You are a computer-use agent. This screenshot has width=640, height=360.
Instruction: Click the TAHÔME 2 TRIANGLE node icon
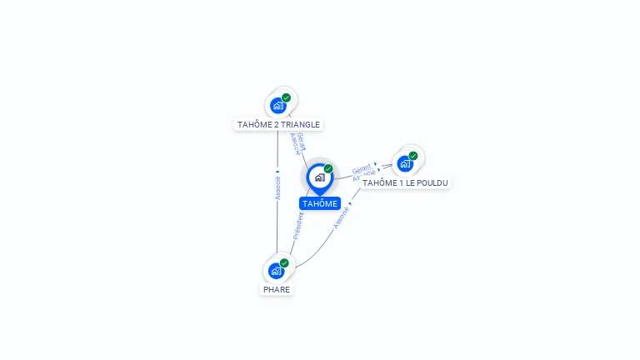tap(278, 106)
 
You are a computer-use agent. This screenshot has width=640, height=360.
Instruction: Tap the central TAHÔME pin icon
tap(319, 177)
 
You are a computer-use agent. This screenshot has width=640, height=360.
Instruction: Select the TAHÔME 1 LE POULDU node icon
tap(406, 163)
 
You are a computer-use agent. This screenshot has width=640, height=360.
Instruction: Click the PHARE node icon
tap(277, 271)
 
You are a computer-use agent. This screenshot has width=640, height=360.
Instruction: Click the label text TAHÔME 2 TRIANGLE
tap(278, 125)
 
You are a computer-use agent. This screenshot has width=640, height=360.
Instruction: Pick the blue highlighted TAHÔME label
tap(320, 203)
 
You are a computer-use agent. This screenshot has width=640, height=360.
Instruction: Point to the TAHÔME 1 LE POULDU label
tap(406, 182)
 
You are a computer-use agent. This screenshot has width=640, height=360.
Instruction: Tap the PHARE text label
tap(277, 290)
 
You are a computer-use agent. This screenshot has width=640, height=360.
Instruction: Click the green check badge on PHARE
tap(284, 263)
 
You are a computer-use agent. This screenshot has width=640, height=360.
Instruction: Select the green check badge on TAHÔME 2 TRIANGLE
tap(286, 98)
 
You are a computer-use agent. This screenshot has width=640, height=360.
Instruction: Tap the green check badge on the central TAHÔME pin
tap(328, 169)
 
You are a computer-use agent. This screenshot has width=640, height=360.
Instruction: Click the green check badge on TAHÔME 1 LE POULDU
tap(413, 156)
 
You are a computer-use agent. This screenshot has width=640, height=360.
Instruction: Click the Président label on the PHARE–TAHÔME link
tap(297, 226)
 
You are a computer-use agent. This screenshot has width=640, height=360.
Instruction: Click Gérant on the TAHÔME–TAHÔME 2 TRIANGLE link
tap(301, 142)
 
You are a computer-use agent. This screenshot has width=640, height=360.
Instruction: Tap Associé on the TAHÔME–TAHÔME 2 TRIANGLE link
tap(294, 144)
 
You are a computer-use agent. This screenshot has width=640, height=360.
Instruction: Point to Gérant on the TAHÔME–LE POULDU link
tap(361, 168)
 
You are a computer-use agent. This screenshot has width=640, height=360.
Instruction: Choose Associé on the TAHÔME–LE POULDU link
tap(363, 177)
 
